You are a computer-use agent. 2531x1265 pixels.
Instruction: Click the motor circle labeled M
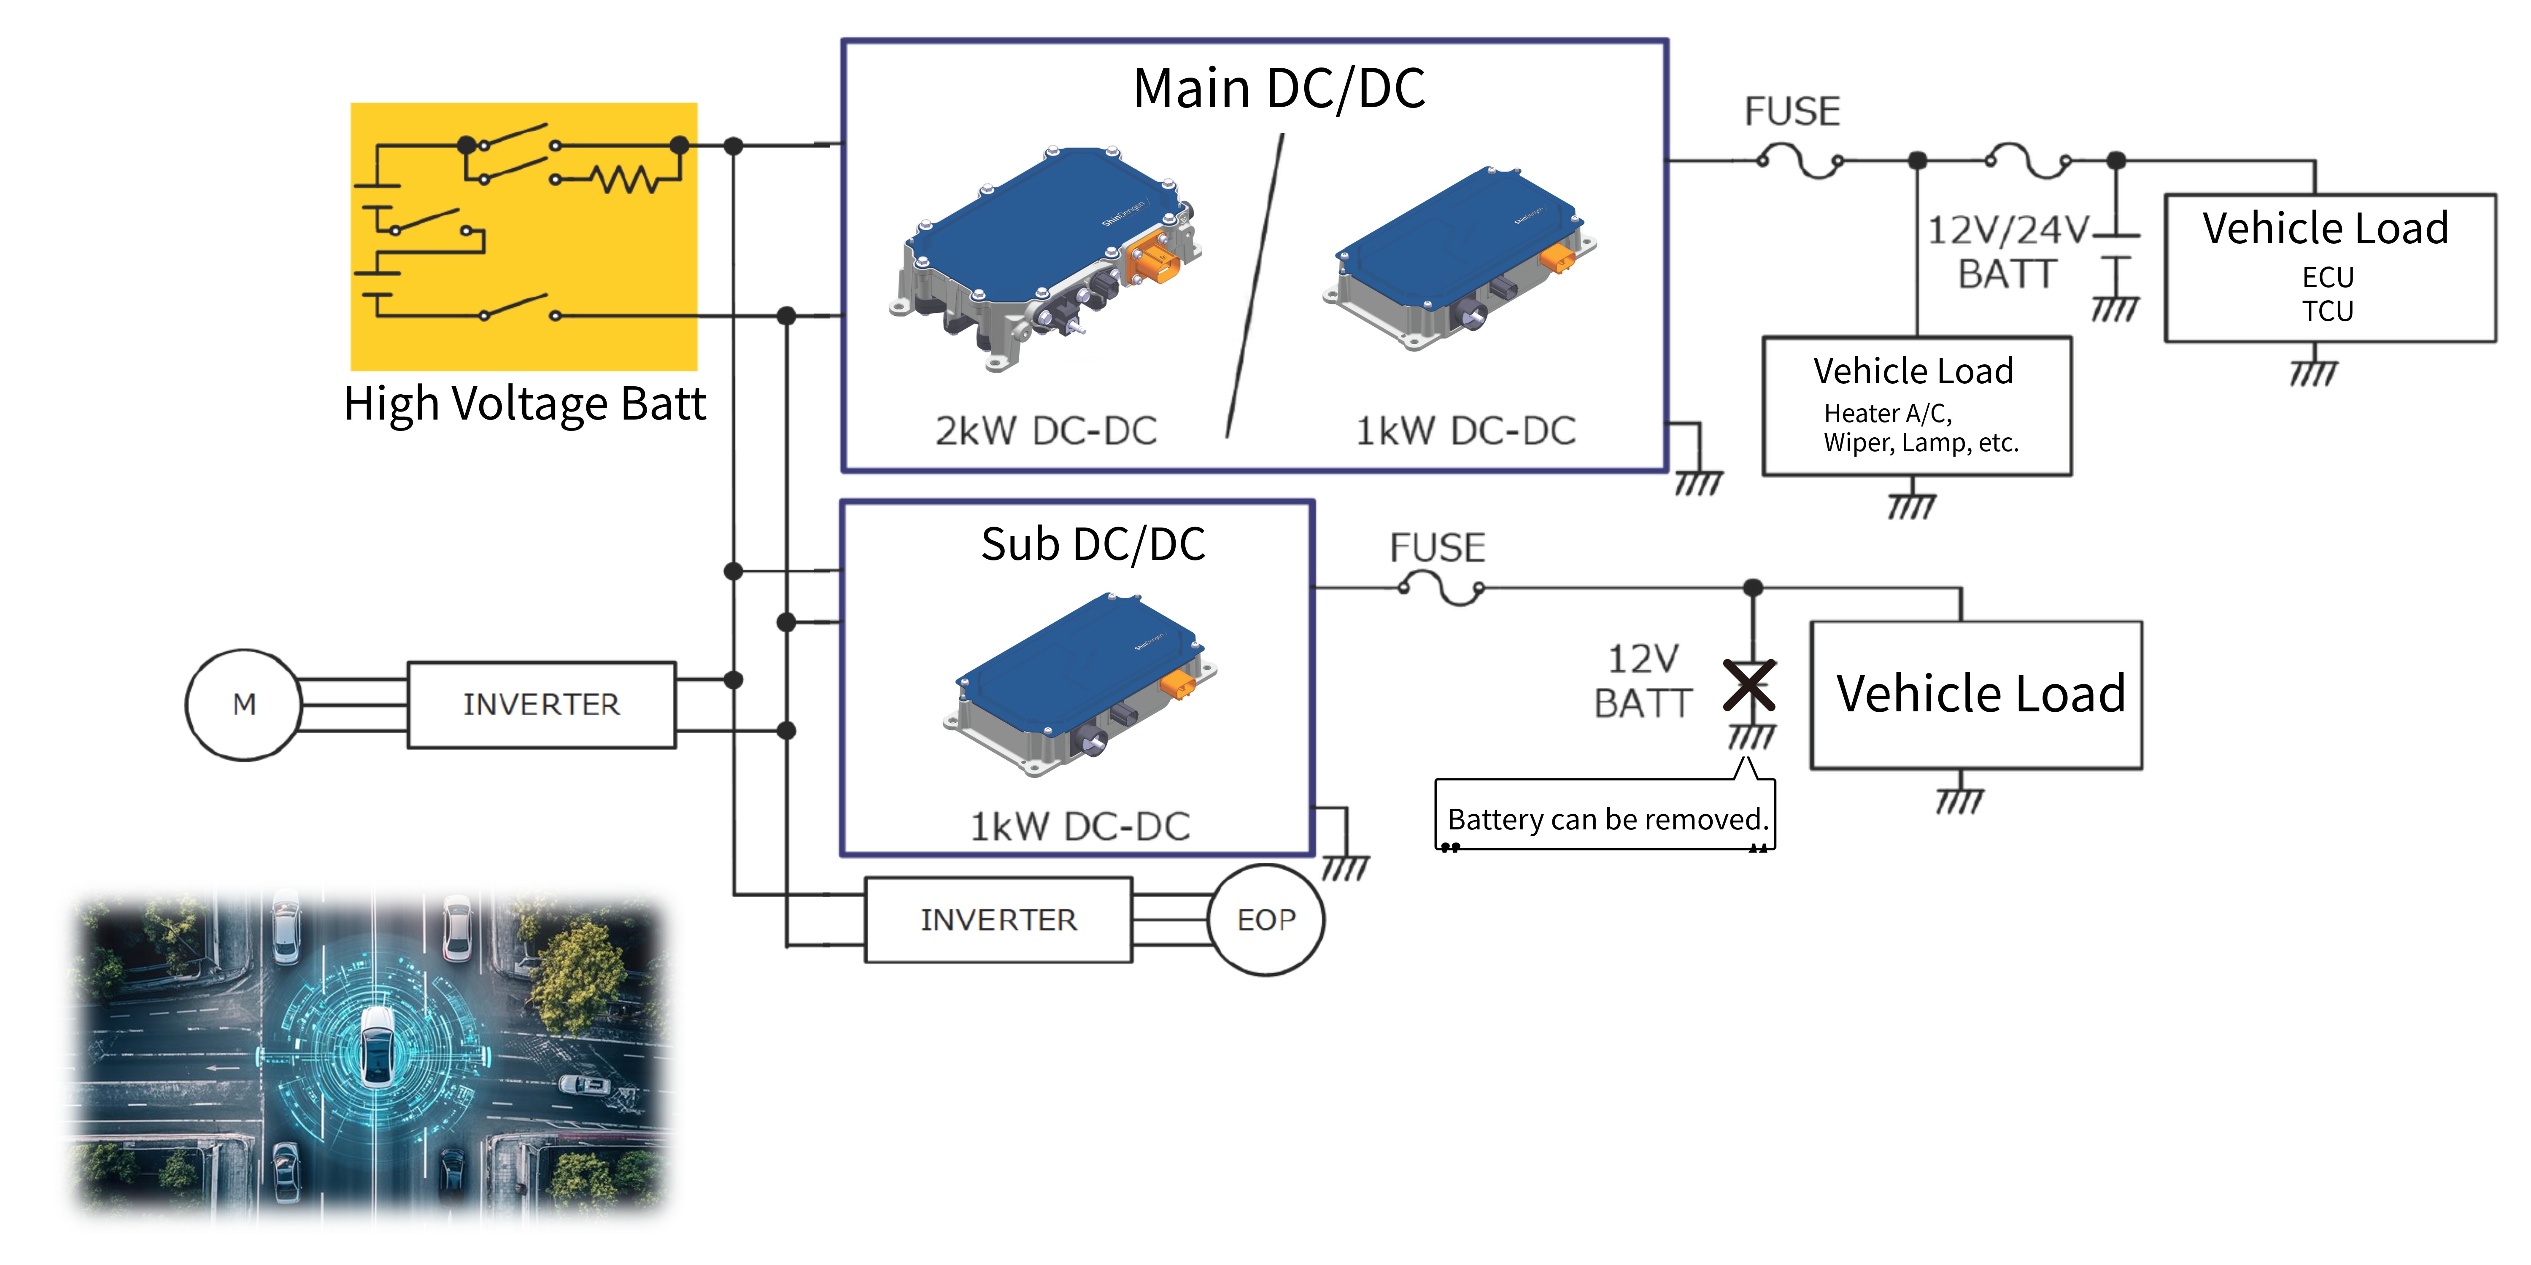244,704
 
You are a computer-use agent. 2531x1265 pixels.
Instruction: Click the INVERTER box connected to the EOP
998,919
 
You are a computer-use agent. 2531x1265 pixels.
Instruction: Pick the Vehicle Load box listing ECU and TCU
2329,267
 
